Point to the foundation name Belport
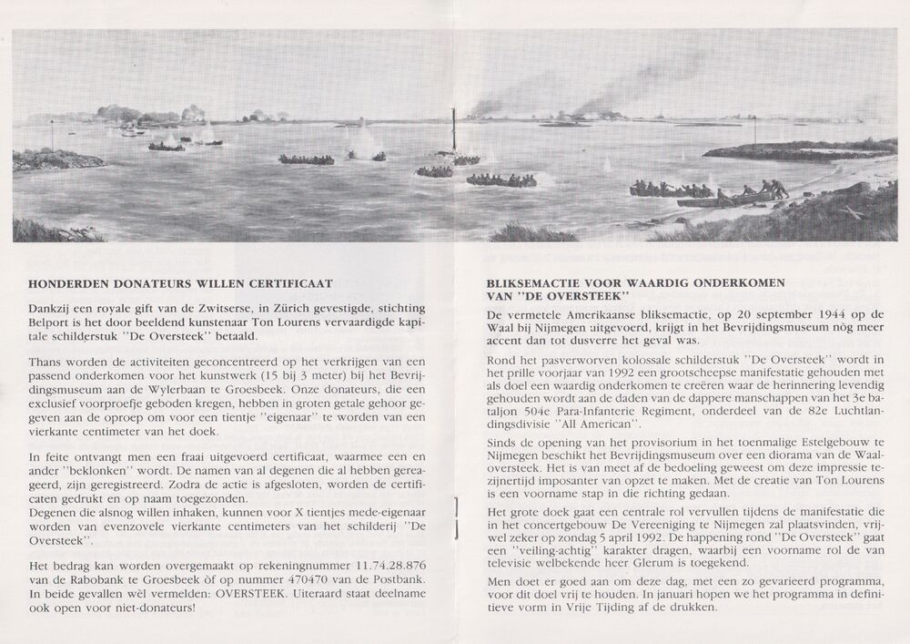pos(51,322)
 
